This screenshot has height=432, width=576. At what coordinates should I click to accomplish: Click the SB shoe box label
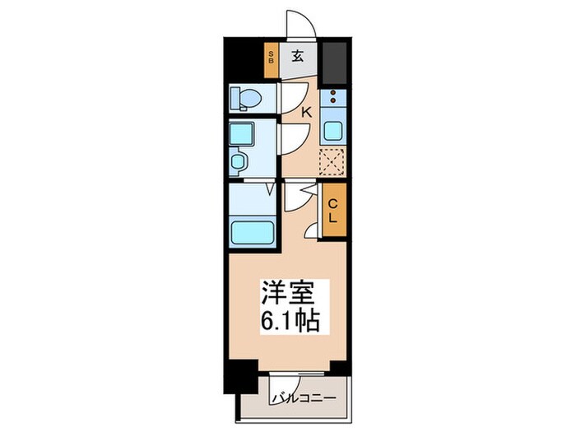coord(270,58)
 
